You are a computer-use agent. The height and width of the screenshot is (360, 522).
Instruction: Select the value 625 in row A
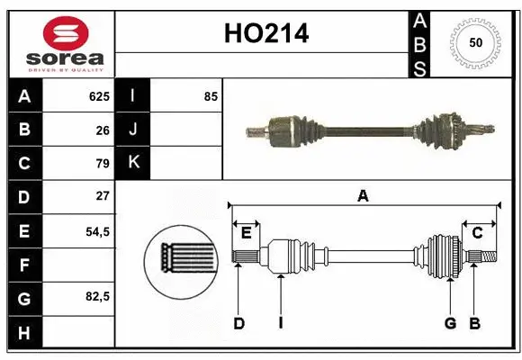coord(98,95)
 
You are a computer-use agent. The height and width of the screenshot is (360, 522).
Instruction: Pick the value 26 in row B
coord(102,130)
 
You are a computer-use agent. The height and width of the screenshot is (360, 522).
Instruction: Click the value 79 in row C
coord(102,164)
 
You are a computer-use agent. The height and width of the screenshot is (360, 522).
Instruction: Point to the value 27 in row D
coord(102,195)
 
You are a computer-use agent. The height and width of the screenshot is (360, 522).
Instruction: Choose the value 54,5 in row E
coord(97,231)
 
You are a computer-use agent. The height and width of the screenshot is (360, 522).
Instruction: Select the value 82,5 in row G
coord(97,296)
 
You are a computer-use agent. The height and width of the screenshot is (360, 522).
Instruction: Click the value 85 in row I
coord(211,95)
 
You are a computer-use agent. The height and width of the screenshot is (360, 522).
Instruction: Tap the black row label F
coord(23,265)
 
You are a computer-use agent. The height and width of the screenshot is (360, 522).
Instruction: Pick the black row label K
coord(133,163)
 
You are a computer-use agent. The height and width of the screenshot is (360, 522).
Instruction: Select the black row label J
coord(133,130)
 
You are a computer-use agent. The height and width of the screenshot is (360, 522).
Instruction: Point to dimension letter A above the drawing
coord(364,194)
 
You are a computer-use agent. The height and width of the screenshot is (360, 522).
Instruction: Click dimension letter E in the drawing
coord(246,233)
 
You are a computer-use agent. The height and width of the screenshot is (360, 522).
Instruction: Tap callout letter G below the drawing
coord(449,323)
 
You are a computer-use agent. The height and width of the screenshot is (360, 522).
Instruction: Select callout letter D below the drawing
coord(238,323)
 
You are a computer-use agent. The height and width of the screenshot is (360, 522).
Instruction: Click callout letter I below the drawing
coord(281,323)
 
